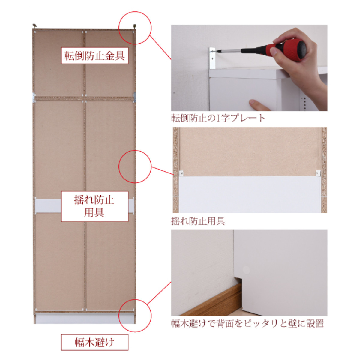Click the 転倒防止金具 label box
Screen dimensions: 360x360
pos(95,55)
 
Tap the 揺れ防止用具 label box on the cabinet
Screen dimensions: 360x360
pos(95,206)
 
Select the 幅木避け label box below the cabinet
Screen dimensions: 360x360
pos(95,342)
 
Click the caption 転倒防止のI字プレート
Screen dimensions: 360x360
pos(218,118)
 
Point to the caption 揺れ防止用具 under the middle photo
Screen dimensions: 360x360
pos(198,221)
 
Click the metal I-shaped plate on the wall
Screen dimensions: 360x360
pos(212,58)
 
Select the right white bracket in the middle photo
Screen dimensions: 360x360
pos(318,173)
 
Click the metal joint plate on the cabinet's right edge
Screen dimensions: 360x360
pos(135,97)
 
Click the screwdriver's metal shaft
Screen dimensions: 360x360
pos(228,51)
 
